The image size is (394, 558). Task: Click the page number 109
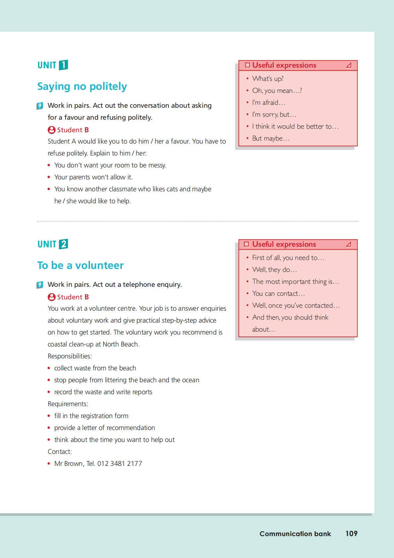[x=351, y=533]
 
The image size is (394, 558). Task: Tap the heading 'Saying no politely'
[x=82, y=87]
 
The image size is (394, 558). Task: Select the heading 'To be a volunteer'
[x=80, y=266]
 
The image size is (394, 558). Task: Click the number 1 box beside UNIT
[x=63, y=65]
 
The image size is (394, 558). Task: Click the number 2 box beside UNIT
[x=63, y=244]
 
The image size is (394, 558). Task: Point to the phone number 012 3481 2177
[x=120, y=464]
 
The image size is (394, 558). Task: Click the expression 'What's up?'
[x=268, y=79]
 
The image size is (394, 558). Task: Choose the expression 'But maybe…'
[x=271, y=138]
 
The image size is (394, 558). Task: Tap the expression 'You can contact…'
[x=278, y=293]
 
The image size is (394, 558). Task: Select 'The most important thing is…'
[x=295, y=281]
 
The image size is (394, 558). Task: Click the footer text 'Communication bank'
[x=295, y=534]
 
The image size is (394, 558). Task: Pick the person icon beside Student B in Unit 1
[x=51, y=130]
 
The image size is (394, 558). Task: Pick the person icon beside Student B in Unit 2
[x=51, y=297]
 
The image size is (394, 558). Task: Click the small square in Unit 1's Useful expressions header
[x=247, y=65]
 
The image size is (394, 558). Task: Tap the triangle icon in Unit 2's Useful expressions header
[x=348, y=244]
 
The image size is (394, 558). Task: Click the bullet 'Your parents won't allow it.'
[x=93, y=177]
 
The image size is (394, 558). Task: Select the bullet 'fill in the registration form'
[x=91, y=416]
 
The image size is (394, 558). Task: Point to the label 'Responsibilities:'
[x=70, y=356]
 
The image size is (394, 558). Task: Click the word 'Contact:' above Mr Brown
[x=60, y=452]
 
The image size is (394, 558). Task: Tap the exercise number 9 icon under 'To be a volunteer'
[x=40, y=285]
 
